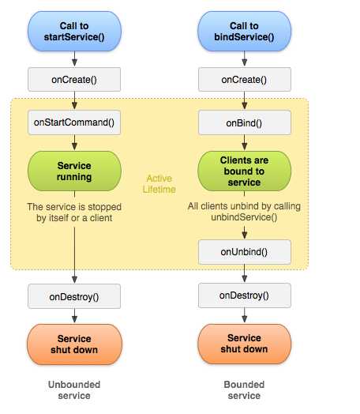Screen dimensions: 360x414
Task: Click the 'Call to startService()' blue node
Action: (x=74, y=31)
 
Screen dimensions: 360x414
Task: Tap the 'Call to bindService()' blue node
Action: (x=244, y=31)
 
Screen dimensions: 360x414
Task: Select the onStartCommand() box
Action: (x=74, y=122)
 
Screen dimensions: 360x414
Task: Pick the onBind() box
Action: (x=245, y=122)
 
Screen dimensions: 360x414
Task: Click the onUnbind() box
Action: (x=245, y=252)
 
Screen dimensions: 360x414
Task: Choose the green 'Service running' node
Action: (x=74, y=171)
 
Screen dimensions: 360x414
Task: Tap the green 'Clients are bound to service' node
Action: (x=244, y=171)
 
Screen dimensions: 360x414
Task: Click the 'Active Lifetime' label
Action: (x=159, y=184)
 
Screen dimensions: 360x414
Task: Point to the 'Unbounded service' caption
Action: (x=74, y=390)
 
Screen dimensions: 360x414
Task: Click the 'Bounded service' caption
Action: (x=244, y=390)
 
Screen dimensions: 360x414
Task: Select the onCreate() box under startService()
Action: (x=74, y=80)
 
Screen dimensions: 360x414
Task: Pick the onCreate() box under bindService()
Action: (x=245, y=80)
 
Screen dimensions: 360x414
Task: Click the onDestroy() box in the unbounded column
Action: (x=74, y=296)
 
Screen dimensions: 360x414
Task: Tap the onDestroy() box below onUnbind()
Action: (x=245, y=295)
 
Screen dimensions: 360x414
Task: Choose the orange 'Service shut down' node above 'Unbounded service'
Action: (x=74, y=344)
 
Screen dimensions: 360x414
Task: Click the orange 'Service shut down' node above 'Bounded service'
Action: (x=244, y=344)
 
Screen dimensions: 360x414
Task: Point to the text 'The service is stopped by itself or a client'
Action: (x=74, y=213)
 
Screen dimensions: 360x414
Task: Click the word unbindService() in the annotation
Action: (x=244, y=217)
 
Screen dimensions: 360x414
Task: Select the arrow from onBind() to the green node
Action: (x=245, y=142)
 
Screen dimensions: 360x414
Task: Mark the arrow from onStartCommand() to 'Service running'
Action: (x=75, y=142)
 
